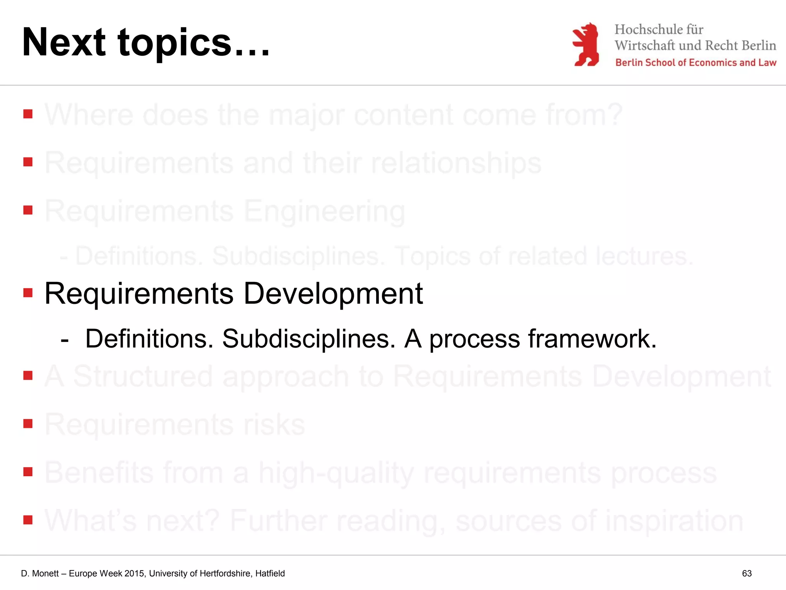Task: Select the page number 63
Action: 746,573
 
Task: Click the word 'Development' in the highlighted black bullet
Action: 333,293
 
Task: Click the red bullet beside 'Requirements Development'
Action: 28,293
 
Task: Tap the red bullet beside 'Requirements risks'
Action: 28,423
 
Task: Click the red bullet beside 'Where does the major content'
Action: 28,114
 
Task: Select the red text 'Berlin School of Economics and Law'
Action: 695,63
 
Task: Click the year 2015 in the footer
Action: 134,573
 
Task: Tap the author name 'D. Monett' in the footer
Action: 40,573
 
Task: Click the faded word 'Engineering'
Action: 324,212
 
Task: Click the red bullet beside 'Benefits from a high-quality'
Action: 28,472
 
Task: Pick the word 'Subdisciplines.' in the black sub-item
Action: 309,339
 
